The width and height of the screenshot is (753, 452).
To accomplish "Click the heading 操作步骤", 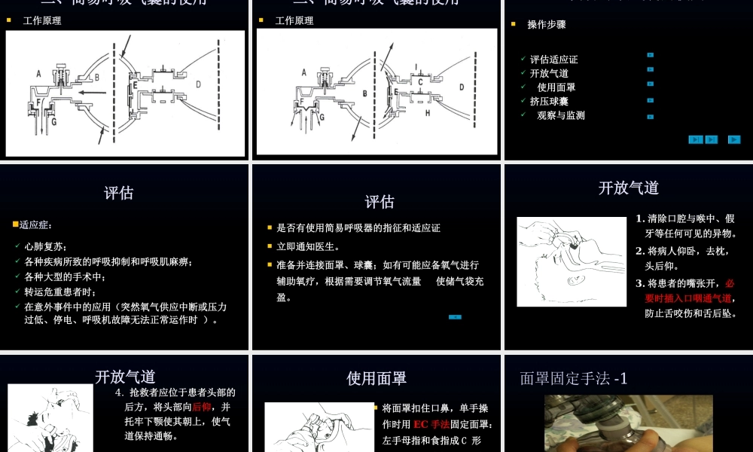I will (x=546, y=25).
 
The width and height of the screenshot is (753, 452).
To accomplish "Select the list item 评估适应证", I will (x=553, y=60).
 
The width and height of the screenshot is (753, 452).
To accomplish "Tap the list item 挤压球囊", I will (x=549, y=101).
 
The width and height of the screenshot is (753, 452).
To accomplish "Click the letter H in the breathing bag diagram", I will (x=427, y=113).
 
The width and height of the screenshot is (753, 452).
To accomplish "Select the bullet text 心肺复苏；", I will (x=45, y=246).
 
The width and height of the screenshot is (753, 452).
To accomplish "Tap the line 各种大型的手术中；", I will (x=64, y=276).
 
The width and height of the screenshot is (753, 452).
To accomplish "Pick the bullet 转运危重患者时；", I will (x=59, y=292).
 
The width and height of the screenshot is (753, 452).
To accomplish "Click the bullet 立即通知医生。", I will (x=309, y=246).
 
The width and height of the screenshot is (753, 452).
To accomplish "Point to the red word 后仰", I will (x=202, y=407).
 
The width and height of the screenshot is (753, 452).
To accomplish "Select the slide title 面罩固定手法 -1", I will (x=574, y=378).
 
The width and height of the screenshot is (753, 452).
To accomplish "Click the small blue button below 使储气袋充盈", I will (x=455, y=317).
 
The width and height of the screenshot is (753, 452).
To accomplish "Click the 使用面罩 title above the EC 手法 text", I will (x=376, y=378).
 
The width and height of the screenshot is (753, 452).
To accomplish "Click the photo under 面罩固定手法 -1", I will (x=628, y=423).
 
